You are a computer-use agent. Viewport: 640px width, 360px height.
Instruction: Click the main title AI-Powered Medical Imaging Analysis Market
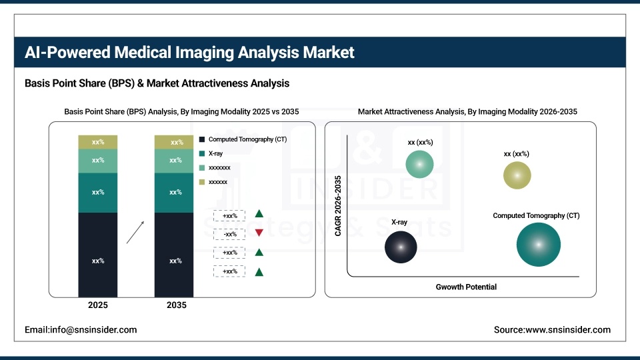[189, 53]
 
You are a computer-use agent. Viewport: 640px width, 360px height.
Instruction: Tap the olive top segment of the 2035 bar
[174, 142]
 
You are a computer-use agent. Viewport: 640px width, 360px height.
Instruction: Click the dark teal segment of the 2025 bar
[98, 193]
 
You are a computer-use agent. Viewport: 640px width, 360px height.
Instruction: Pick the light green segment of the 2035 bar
[174, 161]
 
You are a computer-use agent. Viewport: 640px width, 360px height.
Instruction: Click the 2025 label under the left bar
[98, 305]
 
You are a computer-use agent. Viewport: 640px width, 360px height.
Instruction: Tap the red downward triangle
[259, 233]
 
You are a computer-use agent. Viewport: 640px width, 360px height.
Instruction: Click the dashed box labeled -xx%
[229, 234]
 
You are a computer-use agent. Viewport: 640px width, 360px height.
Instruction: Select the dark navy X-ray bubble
[401, 247]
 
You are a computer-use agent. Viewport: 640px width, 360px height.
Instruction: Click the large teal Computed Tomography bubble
[538, 245]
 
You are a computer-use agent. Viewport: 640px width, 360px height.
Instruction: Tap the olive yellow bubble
[517, 175]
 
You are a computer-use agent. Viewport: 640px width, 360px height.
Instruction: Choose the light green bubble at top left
[420, 164]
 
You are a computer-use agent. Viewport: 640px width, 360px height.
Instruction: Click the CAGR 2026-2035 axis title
[338, 205]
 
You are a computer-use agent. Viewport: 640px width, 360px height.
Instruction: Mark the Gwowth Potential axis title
[466, 287]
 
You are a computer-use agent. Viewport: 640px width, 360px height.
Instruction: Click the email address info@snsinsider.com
[81, 330]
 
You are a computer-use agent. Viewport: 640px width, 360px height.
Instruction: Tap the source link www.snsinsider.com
[552, 330]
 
